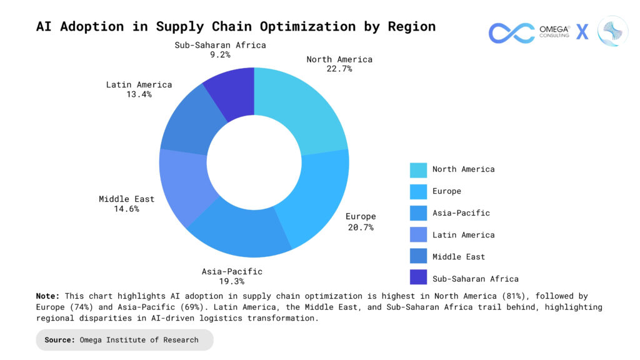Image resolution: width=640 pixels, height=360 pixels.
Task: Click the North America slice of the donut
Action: tap(303, 106)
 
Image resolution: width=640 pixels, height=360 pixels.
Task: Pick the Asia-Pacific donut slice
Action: tap(241, 234)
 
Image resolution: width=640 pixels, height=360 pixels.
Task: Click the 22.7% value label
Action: tap(339, 69)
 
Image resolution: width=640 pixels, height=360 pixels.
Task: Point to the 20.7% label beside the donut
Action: tap(361, 227)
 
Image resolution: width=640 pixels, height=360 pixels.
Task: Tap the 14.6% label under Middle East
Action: tap(126, 209)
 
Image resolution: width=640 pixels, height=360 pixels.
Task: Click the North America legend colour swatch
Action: tap(418, 170)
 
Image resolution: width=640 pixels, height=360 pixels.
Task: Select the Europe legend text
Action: tap(446, 191)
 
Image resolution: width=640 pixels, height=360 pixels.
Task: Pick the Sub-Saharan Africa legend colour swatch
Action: tap(418, 279)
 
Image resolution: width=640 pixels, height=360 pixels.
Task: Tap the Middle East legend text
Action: tap(458, 257)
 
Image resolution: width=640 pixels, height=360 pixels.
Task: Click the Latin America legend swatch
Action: tap(418, 236)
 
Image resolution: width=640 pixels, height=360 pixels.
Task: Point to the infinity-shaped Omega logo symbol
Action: tap(511, 32)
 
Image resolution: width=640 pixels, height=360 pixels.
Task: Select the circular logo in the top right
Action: tap(612, 31)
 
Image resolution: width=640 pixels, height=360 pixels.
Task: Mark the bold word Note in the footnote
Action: tap(47, 296)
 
